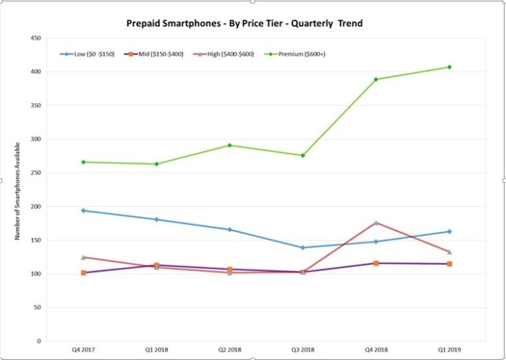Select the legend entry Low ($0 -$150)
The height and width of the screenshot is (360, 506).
point(88,54)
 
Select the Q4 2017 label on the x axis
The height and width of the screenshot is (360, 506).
point(83,350)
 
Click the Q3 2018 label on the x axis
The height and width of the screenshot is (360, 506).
point(302,350)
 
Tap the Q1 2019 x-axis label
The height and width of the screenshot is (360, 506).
point(449,350)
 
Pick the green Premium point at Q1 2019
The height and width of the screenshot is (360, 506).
point(449,67)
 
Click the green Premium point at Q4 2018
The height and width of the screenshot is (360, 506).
point(376,80)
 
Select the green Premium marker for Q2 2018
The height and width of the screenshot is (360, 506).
point(229,145)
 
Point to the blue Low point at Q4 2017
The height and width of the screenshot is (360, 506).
point(83,210)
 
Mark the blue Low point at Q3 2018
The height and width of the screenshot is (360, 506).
point(302,247)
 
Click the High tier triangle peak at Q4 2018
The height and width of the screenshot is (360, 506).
point(376,223)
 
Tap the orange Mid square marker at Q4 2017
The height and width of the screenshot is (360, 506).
point(83,272)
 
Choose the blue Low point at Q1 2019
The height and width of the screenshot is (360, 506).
point(449,231)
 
